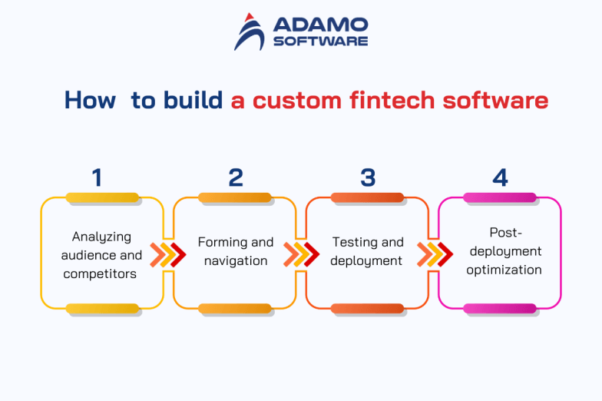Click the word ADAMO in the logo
320,25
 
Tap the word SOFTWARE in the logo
320,41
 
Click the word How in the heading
90,101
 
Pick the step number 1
97,177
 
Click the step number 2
236,177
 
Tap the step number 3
368,177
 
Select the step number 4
500,177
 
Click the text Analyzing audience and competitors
102,255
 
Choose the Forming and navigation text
236,251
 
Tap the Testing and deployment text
367,251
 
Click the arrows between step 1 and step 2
167,254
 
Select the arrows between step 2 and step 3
301,254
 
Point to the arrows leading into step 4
434,254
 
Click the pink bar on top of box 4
500,198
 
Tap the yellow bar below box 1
102,309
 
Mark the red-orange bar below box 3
368,309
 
